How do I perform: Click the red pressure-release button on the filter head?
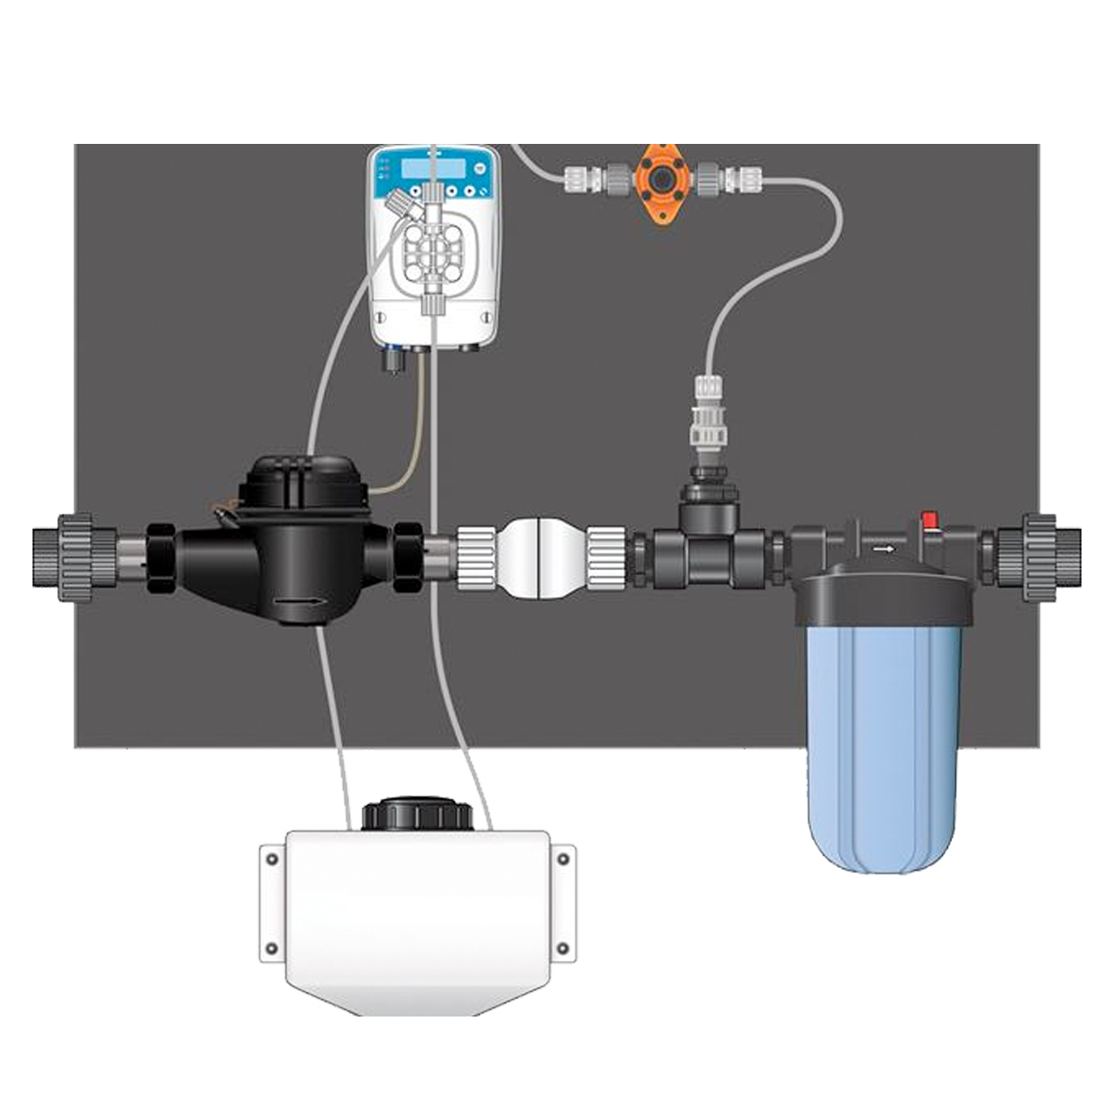tap(926, 520)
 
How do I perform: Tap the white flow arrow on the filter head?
tap(885, 549)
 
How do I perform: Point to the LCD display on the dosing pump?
tap(433, 168)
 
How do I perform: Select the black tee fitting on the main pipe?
tap(705, 548)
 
